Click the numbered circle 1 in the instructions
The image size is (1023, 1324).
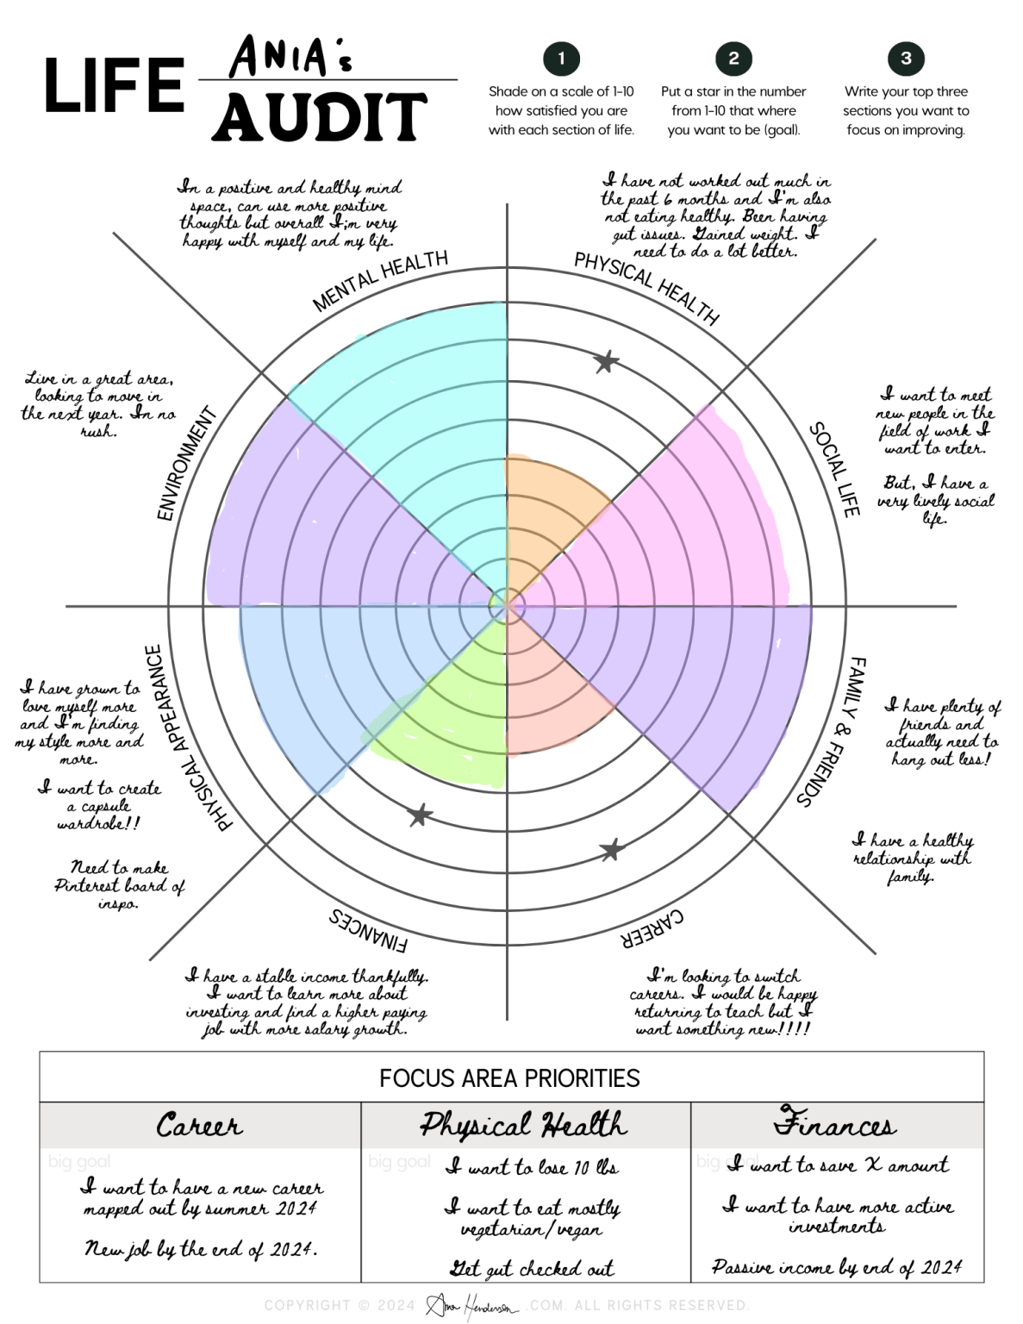[561, 59]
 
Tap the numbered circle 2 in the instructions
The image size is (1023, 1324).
[733, 59]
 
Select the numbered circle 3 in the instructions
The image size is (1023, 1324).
[906, 59]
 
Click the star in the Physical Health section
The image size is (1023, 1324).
[606, 362]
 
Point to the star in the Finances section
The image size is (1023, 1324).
[420, 815]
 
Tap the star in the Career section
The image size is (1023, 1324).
[611, 850]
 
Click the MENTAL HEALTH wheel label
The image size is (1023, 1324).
[380, 281]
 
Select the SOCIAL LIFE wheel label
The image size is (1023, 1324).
[834, 470]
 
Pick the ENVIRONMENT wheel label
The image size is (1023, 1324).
[186, 464]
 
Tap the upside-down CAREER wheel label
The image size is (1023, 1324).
[652, 928]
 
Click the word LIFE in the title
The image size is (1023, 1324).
[114, 86]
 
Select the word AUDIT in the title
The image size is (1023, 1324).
[320, 117]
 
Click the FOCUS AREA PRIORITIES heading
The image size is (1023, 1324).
[509, 1078]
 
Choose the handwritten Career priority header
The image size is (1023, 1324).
[199, 1125]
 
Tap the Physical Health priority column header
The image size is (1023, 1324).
[524, 1125]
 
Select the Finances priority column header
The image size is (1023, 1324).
[834, 1123]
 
